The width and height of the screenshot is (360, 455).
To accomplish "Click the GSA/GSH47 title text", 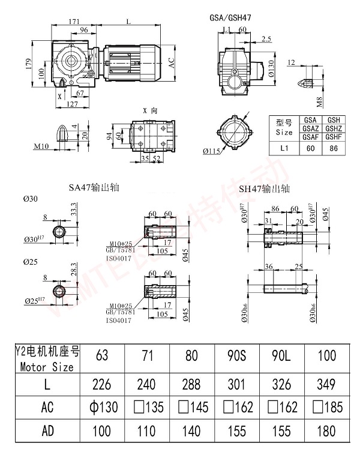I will coord(230,18).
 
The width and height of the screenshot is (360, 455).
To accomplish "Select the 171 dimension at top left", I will coord(74,21).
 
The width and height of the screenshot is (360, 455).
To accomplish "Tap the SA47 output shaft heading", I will coord(94,187).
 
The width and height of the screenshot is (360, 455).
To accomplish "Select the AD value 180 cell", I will coord(326,431).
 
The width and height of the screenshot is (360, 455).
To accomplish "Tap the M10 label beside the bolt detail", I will coord(41,146).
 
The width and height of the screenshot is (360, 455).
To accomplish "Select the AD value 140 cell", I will coord(192,431).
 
